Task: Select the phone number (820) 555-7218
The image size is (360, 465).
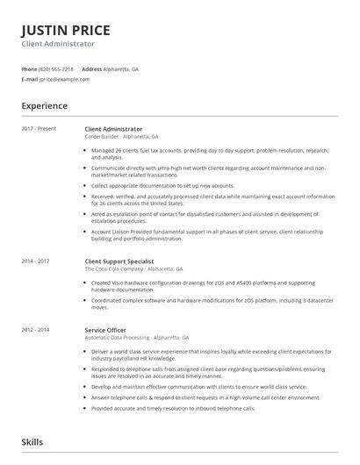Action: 56,68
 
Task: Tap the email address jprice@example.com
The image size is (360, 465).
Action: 64,79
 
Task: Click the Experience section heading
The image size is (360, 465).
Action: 45,106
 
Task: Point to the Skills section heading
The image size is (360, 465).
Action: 32,443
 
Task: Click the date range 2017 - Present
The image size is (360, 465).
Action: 39,129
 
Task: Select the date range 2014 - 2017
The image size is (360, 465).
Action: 35,261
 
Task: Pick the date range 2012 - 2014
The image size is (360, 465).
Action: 35,329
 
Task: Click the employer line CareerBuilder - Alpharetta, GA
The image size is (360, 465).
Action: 121,137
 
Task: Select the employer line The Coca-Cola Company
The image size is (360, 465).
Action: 133,268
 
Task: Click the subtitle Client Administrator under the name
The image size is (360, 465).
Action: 59,43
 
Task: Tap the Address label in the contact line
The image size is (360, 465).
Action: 91,68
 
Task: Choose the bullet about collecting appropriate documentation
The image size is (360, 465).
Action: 162,186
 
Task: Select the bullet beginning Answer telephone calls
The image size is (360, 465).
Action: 205,397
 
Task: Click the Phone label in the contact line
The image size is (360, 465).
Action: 28,68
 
